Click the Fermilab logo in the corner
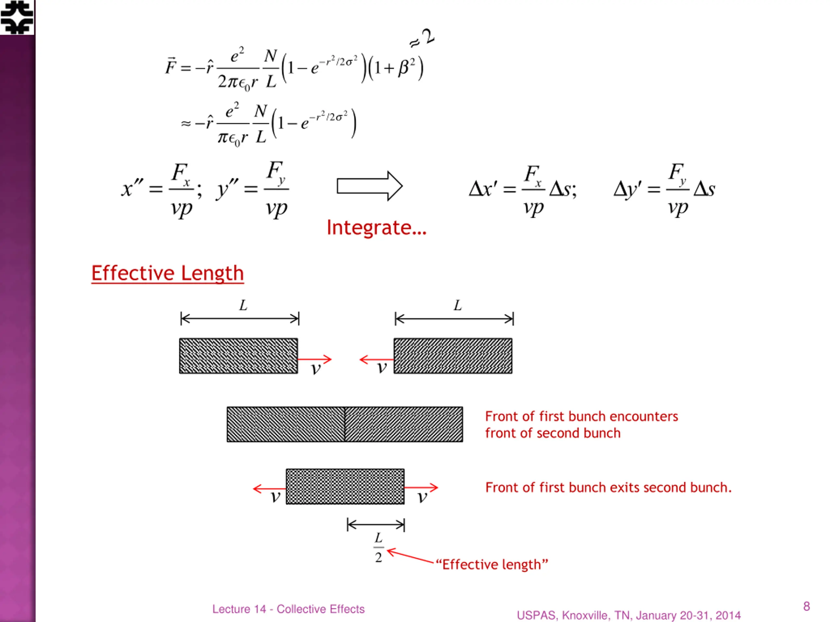click(17, 17)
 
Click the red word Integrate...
click(376, 227)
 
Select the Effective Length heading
click(167, 273)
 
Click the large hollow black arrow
click(369, 186)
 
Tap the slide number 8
click(806, 606)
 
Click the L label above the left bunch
click(243, 305)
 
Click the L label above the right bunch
click(457, 305)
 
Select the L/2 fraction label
click(378, 548)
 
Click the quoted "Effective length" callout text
click(492, 565)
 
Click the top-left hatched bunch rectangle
click(238, 356)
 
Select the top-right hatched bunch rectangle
click(453, 356)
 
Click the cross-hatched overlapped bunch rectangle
click(345, 487)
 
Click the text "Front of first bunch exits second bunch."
click(608, 488)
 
